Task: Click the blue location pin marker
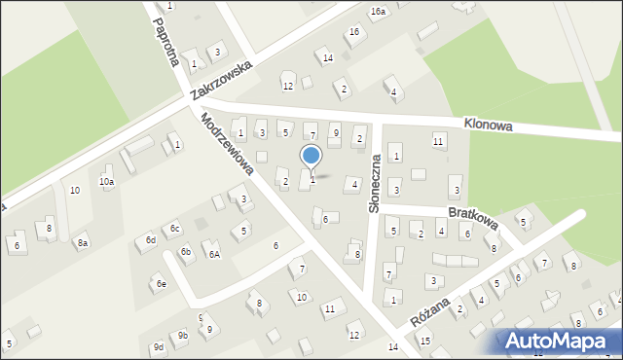coord(311,157)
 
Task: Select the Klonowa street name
coord(490,126)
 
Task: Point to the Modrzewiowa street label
coord(227,145)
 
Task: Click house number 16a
coord(378,11)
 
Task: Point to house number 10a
coord(106,181)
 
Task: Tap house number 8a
coord(83,243)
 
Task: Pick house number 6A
coord(213,254)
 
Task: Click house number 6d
coord(150,239)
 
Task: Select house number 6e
coord(162,284)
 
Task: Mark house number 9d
coord(158,346)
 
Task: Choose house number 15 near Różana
coord(424,341)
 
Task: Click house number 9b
coord(182,336)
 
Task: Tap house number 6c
coord(174,229)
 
